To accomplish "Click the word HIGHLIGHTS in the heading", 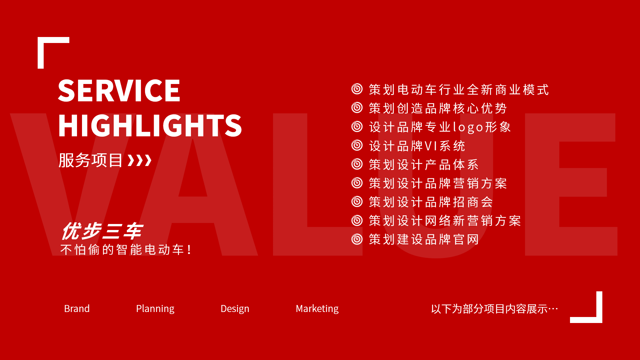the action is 150,125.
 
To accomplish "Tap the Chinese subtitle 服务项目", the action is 91,160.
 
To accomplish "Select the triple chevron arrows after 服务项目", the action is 140,160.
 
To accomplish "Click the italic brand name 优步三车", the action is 102,231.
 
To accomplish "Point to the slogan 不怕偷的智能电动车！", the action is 126,250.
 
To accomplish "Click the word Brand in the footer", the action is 77,309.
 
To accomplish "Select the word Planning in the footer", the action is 155,309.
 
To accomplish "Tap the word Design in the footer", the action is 235,309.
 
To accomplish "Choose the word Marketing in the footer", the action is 317,309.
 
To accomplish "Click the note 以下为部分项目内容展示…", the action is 494,309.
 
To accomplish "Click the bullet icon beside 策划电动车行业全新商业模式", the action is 357,89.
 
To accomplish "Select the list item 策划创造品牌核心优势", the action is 438,108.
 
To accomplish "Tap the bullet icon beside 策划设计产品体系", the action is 357,164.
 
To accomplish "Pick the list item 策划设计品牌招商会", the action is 431,202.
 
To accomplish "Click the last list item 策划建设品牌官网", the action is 424,239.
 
